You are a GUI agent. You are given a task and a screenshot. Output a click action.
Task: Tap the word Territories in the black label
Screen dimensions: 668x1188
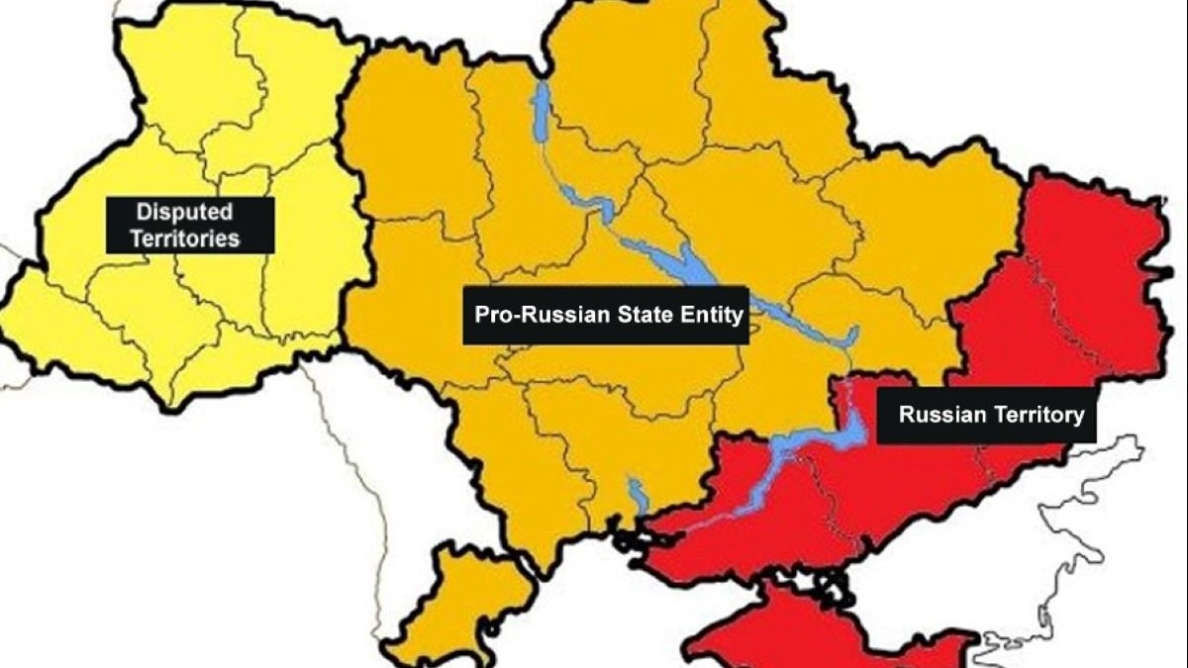coord(188,239)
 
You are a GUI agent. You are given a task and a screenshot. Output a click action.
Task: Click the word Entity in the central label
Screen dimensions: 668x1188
coord(707,316)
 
